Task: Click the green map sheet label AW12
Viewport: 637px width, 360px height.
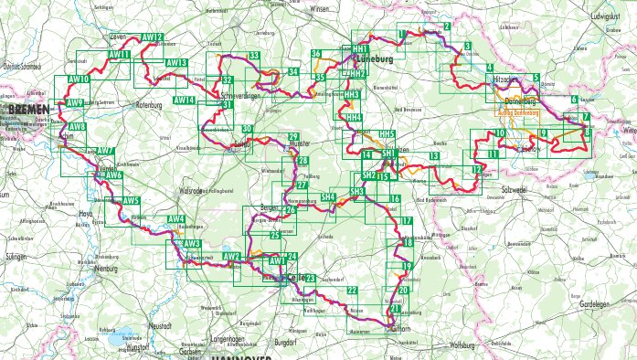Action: (x=153, y=37)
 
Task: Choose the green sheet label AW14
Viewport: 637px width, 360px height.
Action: (x=184, y=100)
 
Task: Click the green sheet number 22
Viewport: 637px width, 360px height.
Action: (x=352, y=290)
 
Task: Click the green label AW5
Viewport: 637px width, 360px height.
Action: (x=132, y=200)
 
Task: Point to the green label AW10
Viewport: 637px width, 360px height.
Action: (x=79, y=80)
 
